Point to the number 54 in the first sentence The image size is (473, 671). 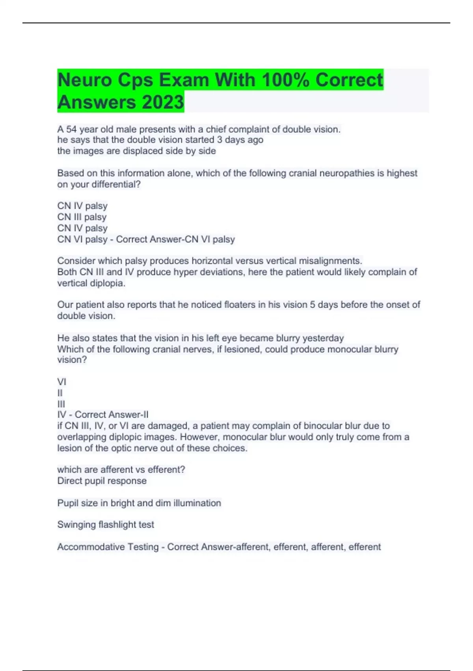click(x=71, y=129)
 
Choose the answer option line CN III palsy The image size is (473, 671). click(x=82, y=217)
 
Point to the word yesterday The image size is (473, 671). click(x=323, y=338)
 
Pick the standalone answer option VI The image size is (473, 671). click(x=61, y=382)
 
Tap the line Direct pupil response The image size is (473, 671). click(x=102, y=481)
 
